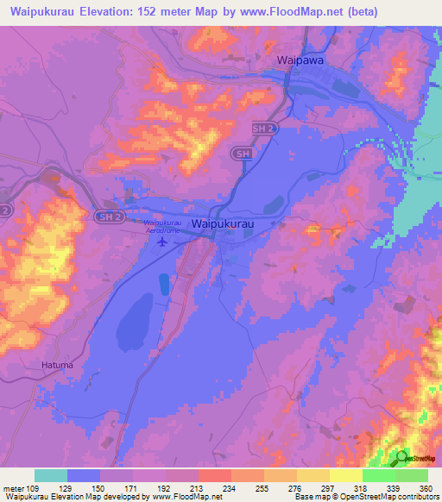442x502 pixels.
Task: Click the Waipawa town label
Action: (x=301, y=60)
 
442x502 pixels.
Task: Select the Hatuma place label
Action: (x=58, y=365)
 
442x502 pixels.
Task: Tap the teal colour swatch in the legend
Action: (x=51, y=475)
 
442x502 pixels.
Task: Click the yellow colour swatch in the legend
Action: (x=313, y=475)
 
